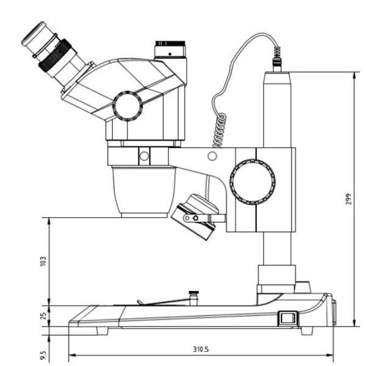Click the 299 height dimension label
pos(348,199)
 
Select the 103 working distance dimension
pos(43,261)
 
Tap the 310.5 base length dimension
pos(201,350)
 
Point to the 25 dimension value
pos(43,316)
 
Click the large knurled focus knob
pos(252,181)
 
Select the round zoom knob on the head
pos(128,105)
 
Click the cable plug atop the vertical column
pos(277,62)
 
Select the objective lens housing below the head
pos(144,190)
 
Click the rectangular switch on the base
pos(286,318)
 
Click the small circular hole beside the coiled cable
pos(212,156)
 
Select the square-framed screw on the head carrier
pos(144,156)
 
